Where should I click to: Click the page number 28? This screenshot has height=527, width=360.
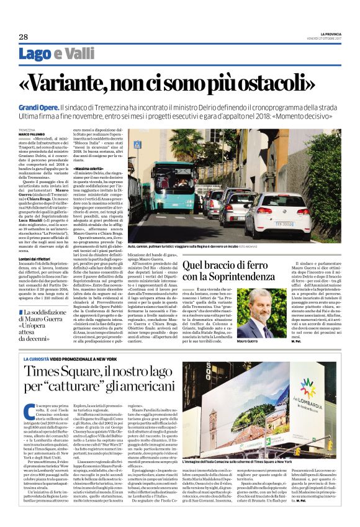(x=24, y=37)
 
